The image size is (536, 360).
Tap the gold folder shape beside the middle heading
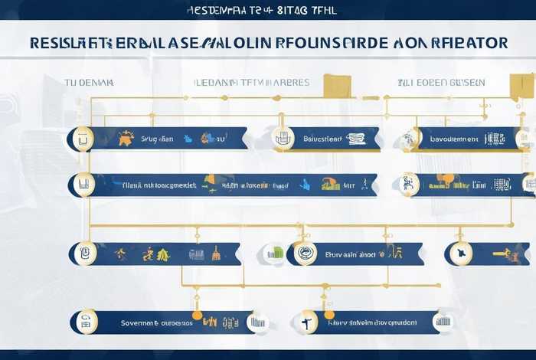(336, 85)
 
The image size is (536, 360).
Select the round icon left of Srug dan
(82, 139)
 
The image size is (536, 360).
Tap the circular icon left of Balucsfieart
(283, 139)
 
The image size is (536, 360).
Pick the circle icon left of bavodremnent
(409, 139)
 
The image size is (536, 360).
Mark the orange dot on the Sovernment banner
(197, 315)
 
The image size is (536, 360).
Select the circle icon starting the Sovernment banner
(88, 322)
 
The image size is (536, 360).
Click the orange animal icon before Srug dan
(126, 139)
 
